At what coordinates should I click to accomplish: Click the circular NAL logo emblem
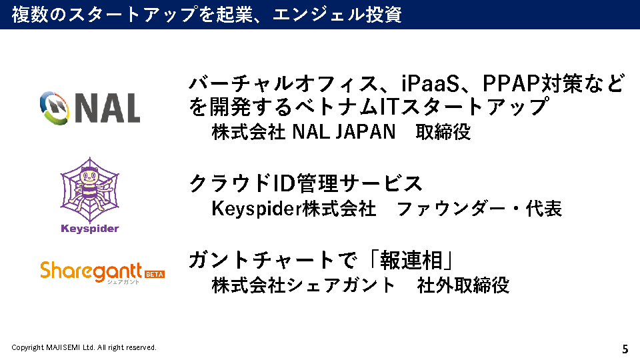coord(55,108)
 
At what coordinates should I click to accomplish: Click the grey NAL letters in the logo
coord(108,109)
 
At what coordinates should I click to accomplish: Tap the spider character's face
coord(89,177)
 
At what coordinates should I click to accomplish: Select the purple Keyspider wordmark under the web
coord(90,229)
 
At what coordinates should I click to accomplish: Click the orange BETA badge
coord(155,274)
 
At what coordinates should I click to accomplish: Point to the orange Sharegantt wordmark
coord(91,271)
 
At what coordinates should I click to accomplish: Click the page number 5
coord(625,349)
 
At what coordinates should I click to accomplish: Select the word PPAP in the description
coord(511,83)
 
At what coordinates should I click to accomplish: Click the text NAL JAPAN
coord(344,132)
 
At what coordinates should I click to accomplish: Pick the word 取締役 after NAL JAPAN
coord(443,132)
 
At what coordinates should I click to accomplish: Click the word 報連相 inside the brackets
coord(411,261)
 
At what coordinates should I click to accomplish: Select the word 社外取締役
coord(463,285)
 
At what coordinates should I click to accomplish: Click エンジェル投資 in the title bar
coord(337,14)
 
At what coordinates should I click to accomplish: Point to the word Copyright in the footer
coord(27,348)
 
